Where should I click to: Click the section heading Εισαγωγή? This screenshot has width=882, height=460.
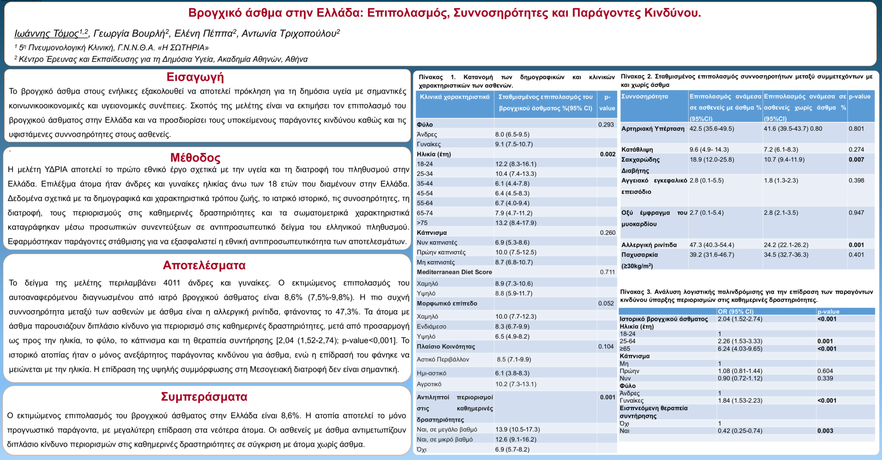coord(195,77)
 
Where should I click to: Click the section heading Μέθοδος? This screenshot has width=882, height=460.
coord(195,158)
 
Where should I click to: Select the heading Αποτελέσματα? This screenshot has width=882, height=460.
coord(204,265)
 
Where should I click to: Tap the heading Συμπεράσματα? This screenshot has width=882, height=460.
coord(204,397)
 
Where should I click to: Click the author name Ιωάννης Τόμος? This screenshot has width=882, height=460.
coord(47,34)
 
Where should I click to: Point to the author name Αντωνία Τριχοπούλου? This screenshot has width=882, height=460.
coord(289,34)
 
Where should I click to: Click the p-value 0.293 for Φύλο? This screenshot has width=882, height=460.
coord(606,124)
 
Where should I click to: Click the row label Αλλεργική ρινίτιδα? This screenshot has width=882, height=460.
coord(649,245)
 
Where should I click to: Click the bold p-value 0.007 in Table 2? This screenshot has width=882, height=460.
coord(856,160)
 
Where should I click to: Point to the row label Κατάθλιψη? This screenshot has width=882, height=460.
coord(637,150)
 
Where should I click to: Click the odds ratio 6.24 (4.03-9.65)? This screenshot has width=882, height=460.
coord(740,349)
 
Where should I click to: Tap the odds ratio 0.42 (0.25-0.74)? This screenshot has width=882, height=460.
coord(740,431)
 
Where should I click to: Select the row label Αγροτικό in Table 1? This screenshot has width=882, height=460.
coord(429,384)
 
